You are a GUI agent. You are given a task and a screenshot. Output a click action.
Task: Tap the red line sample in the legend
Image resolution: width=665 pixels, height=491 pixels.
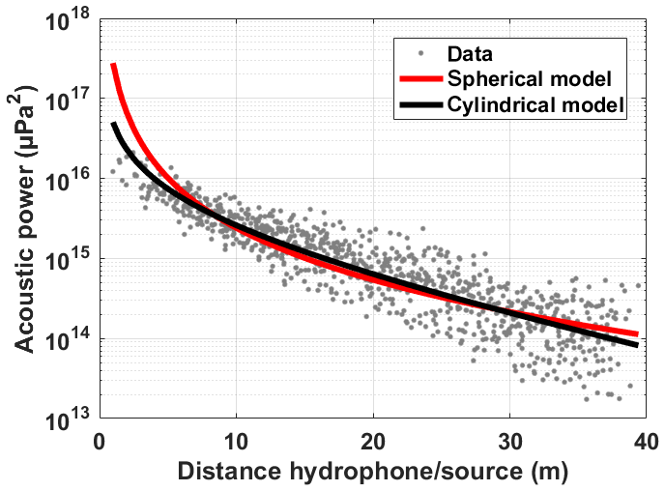[419, 77]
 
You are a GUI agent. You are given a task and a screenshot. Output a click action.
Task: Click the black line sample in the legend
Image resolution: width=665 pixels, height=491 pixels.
[419, 102]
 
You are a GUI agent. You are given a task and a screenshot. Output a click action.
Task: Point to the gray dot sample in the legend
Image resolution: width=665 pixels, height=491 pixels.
[419, 53]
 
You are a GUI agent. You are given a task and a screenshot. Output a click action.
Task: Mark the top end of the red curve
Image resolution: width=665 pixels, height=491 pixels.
[113, 65]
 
